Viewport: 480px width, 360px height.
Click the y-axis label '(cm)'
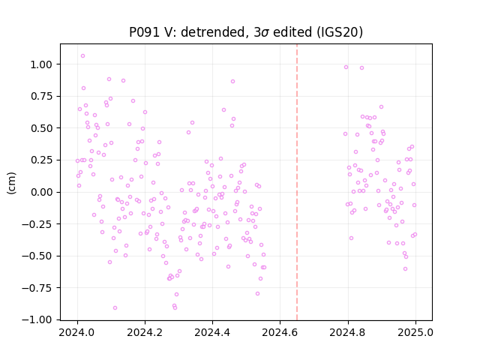point(11,183)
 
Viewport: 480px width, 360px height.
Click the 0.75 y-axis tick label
point(41,97)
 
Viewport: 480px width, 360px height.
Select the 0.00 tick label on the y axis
point(41,192)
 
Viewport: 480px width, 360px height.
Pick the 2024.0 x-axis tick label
point(77,332)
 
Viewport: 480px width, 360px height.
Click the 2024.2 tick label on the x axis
point(145,332)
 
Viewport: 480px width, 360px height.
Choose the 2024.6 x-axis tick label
point(280,332)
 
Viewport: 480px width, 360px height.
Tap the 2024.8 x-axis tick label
point(348,332)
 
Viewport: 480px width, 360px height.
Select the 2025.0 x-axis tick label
point(415,332)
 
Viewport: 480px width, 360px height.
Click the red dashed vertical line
point(297,182)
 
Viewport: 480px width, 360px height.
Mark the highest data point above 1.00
point(82,56)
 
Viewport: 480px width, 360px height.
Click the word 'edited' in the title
point(291,31)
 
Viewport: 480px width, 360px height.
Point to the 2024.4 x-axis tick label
point(212,332)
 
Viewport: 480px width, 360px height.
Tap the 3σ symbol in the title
point(261,32)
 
